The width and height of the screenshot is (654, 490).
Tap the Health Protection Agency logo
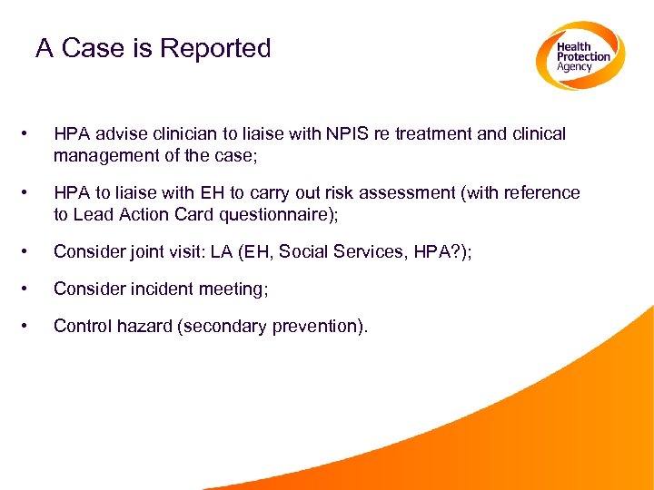click(580, 55)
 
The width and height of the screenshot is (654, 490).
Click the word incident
click(147, 289)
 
